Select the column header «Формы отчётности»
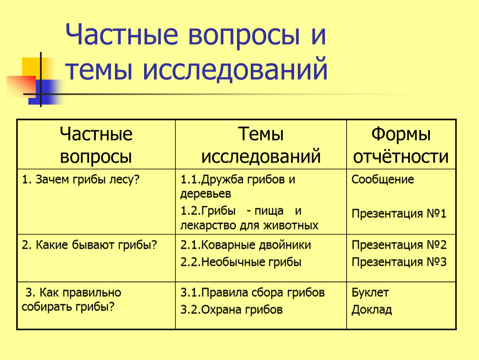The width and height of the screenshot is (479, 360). [x=401, y=145]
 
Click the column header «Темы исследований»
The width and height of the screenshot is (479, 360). [x=261, y=145]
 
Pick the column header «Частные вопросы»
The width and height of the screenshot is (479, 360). [x=96, y=145]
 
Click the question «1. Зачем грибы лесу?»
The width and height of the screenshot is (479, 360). [x=81, y=180]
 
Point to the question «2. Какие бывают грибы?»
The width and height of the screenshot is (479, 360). [x=89, y=245]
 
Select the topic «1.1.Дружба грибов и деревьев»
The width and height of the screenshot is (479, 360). [x=238, y=186]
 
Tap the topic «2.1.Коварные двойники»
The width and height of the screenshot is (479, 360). [x=246, y=245]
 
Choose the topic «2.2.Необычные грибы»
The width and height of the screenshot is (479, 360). [x=241, y=262]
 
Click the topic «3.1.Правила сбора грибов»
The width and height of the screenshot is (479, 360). [x=252, y=293]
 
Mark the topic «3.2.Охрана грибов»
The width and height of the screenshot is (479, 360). [x=231, y=310]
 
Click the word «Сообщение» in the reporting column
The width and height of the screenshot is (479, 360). [x=382, y=180]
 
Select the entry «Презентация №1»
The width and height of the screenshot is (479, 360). [x=399, y=214]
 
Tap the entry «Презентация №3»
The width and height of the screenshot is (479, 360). [x=399, y=262]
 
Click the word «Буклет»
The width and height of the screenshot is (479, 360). [x=370, y=293]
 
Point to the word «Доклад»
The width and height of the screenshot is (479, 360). [x=372, y=310]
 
